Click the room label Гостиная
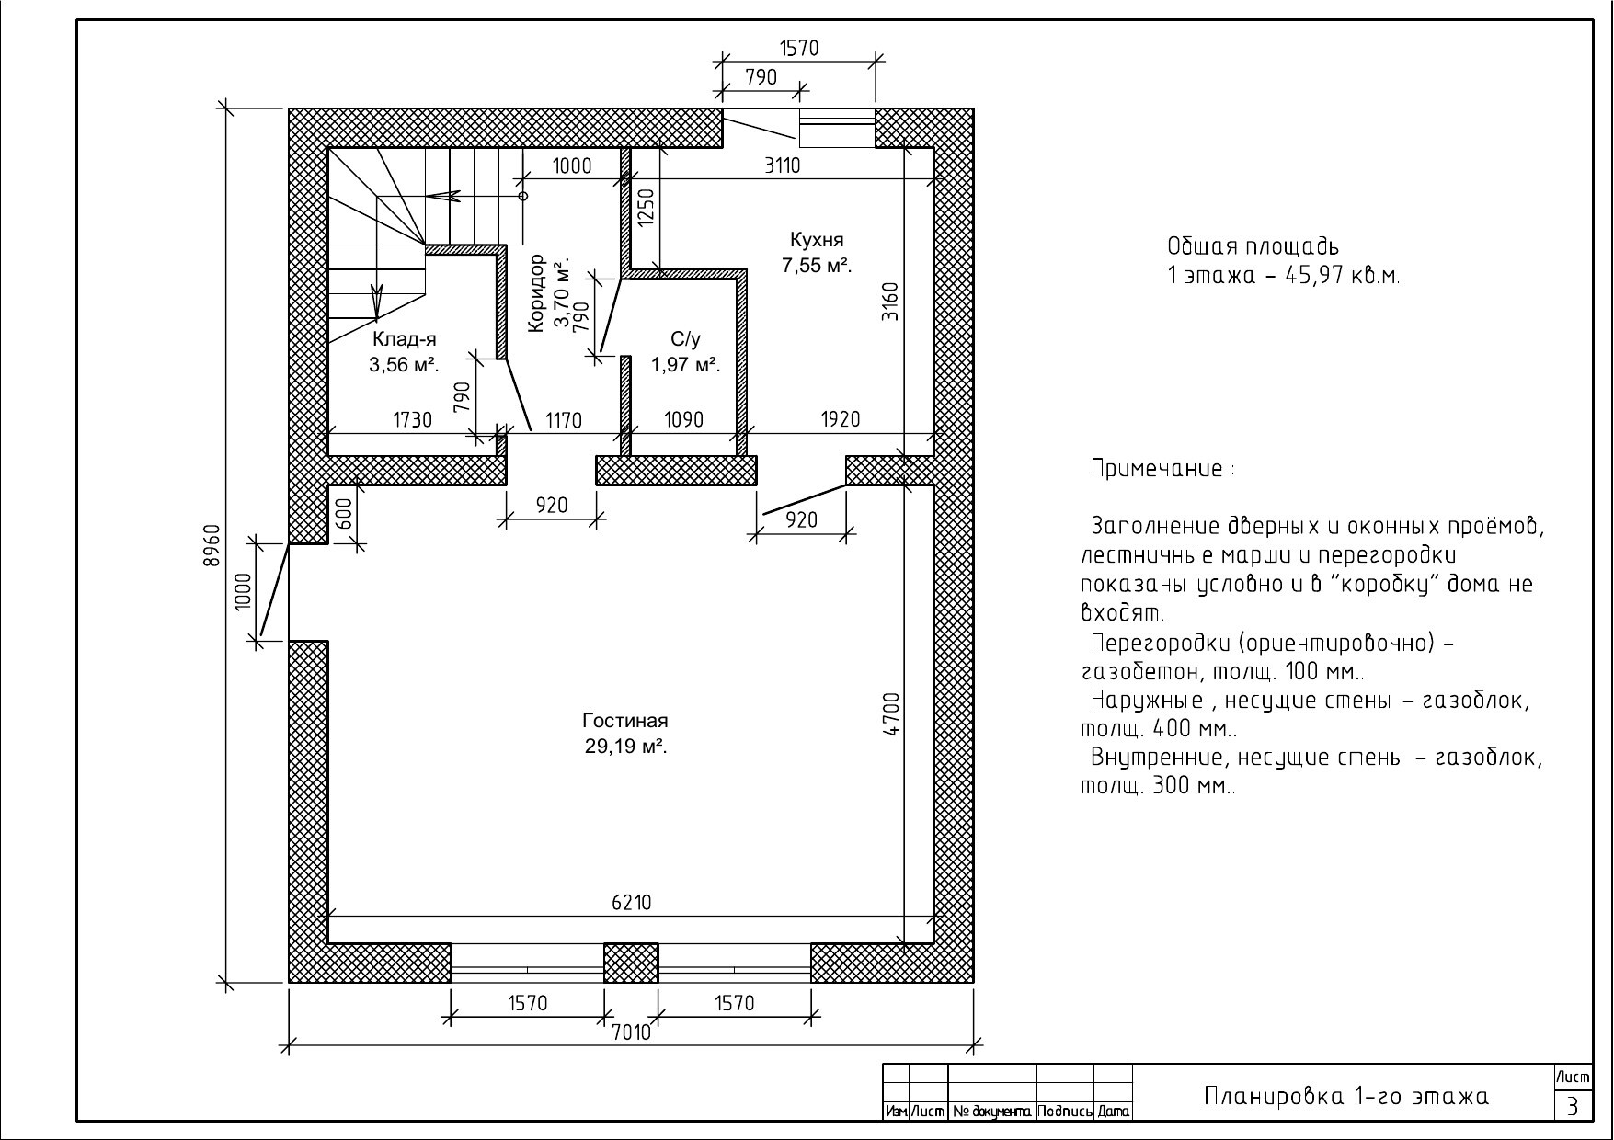point(625,721)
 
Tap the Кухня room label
point(817,240)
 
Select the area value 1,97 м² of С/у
point(685,365)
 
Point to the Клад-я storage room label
point(404,339)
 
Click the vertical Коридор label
point(537,293)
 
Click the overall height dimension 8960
point(212,546)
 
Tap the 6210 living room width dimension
point(632,903)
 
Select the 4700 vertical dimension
point(891,714)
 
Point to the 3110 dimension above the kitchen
point(783,165)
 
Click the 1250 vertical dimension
point(646,211)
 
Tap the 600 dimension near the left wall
point(344,514)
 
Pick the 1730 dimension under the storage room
point(413,420)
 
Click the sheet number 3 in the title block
point(1573,1106)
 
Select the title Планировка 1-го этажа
point(1346,1097)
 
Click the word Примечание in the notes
point(1157,469)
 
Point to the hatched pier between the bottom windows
point(631,963)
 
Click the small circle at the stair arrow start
point(523,196)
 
